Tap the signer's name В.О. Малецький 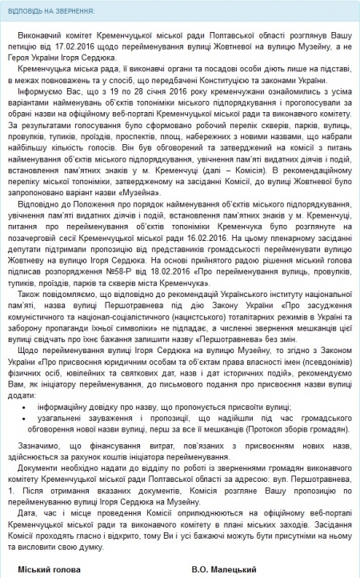coord(225,569)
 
